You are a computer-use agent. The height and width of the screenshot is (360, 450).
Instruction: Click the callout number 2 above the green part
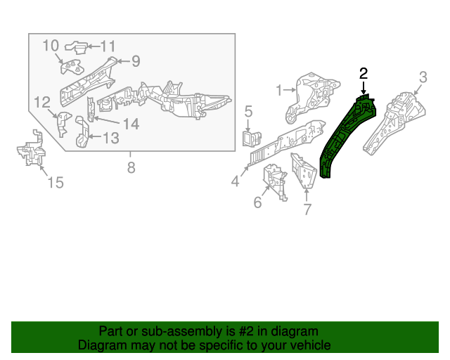pyautogui.click(x=364, y=73)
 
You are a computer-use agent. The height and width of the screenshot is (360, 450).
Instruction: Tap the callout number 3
pyautogui.click(x=423, y=77)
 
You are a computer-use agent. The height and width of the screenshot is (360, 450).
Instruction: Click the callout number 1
pyautogui.click(x=279, y=89)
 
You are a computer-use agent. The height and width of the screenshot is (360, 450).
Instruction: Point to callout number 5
pyautogui.click(x=248, y=110)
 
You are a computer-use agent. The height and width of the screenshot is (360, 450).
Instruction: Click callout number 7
pyautogui.click(x=131, y=167)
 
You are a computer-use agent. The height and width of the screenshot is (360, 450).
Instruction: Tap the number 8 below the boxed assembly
pyautogui.click(x=136, y=61)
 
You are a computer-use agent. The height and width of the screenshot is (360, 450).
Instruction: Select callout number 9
pyautogui.click(x=51, y=46)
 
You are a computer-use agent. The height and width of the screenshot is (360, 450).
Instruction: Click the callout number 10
pyautogui.click(x=107, y=46)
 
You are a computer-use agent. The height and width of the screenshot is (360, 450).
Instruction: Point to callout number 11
pyautogui.click(x=41, y=101)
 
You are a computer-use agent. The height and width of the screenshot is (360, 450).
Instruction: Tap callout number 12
pyautogui.click(x=111, y=138)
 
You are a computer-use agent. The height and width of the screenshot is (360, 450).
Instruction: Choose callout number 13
pyautogui.click(x=131, y=124)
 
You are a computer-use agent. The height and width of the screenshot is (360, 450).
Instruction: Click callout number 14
pyautogui.click(x=56, y=183)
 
